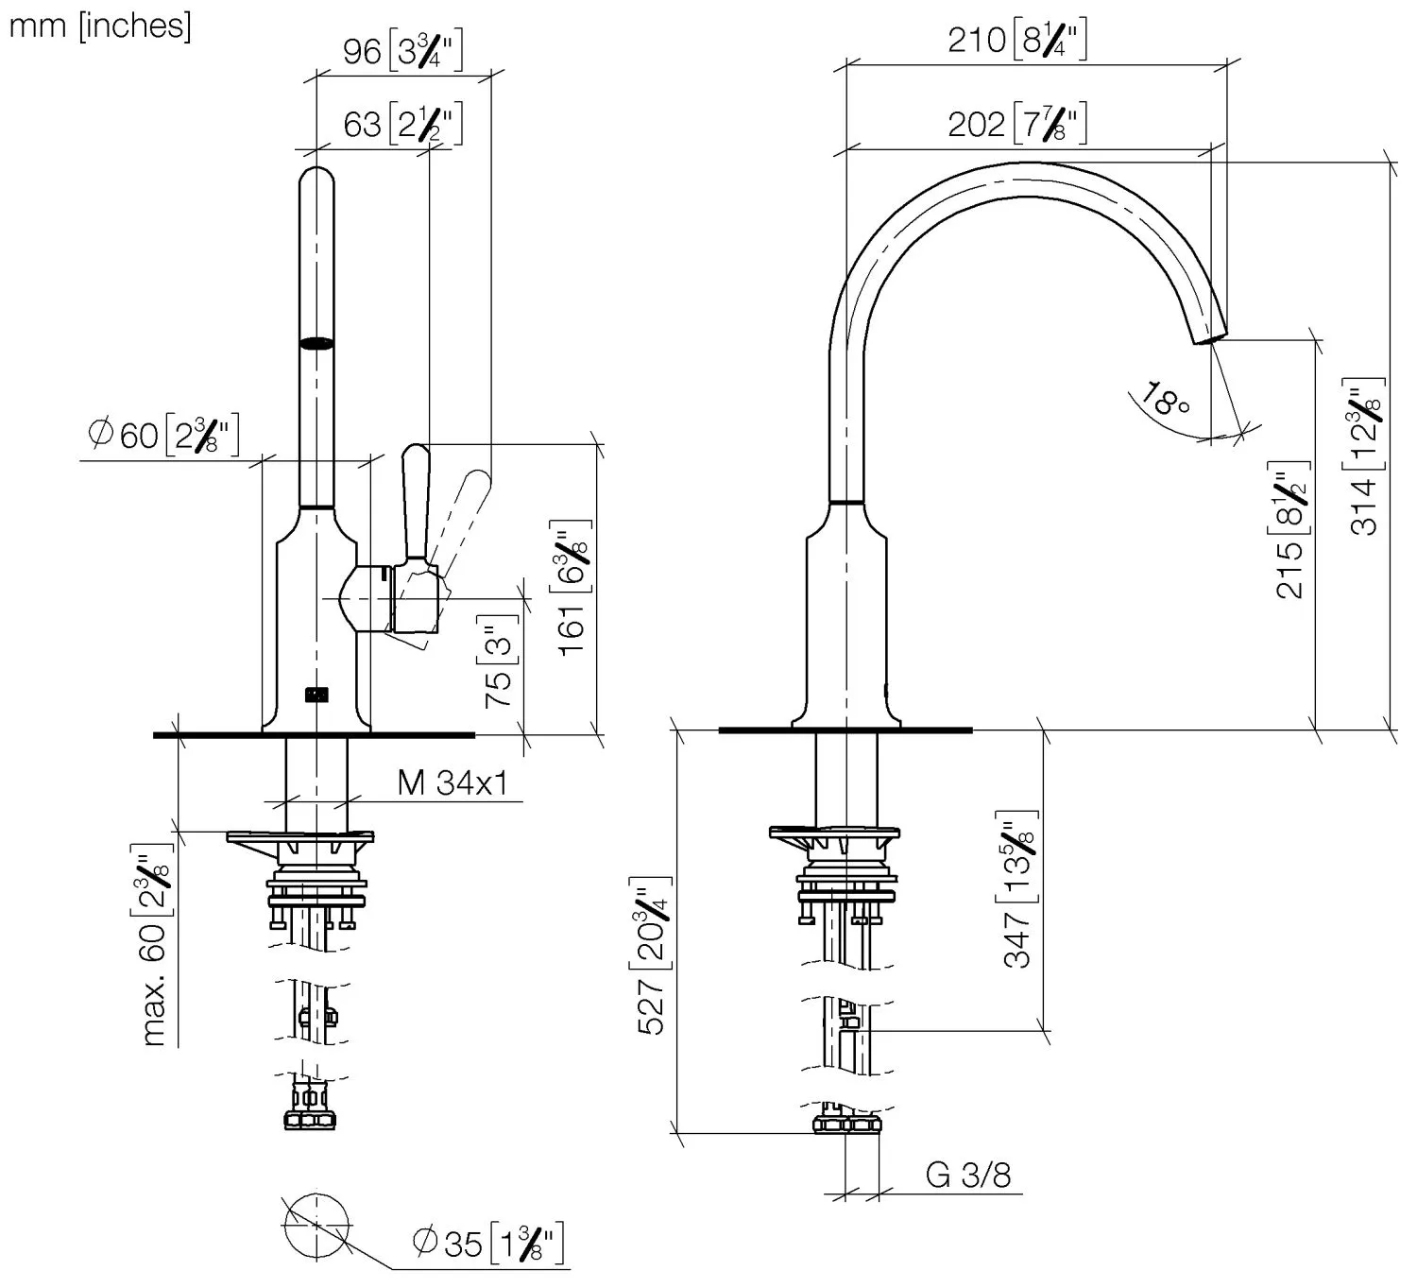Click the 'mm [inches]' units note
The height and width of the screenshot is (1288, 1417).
[99, 26]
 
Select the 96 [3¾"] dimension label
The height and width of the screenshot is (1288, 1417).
[402, 50]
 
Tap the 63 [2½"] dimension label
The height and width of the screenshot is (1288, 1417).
[402, 124]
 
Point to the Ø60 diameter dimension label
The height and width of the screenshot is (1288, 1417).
[163, 435]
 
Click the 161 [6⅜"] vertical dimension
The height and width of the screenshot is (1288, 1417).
[572, 588]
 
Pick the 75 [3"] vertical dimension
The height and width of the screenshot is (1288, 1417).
[499, 661]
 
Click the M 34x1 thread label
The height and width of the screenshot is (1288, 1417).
[452, 782]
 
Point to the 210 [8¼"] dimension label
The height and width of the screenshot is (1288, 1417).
[1017, 40]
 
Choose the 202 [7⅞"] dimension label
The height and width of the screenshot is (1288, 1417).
[1017, 124]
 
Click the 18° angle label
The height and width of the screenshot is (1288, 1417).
[1165, 400]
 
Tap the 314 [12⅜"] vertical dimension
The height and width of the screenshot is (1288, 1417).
[1365, 454]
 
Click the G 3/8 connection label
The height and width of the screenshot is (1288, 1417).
[967, 1175]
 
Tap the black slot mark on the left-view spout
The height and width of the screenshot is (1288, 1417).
[316, 344]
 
